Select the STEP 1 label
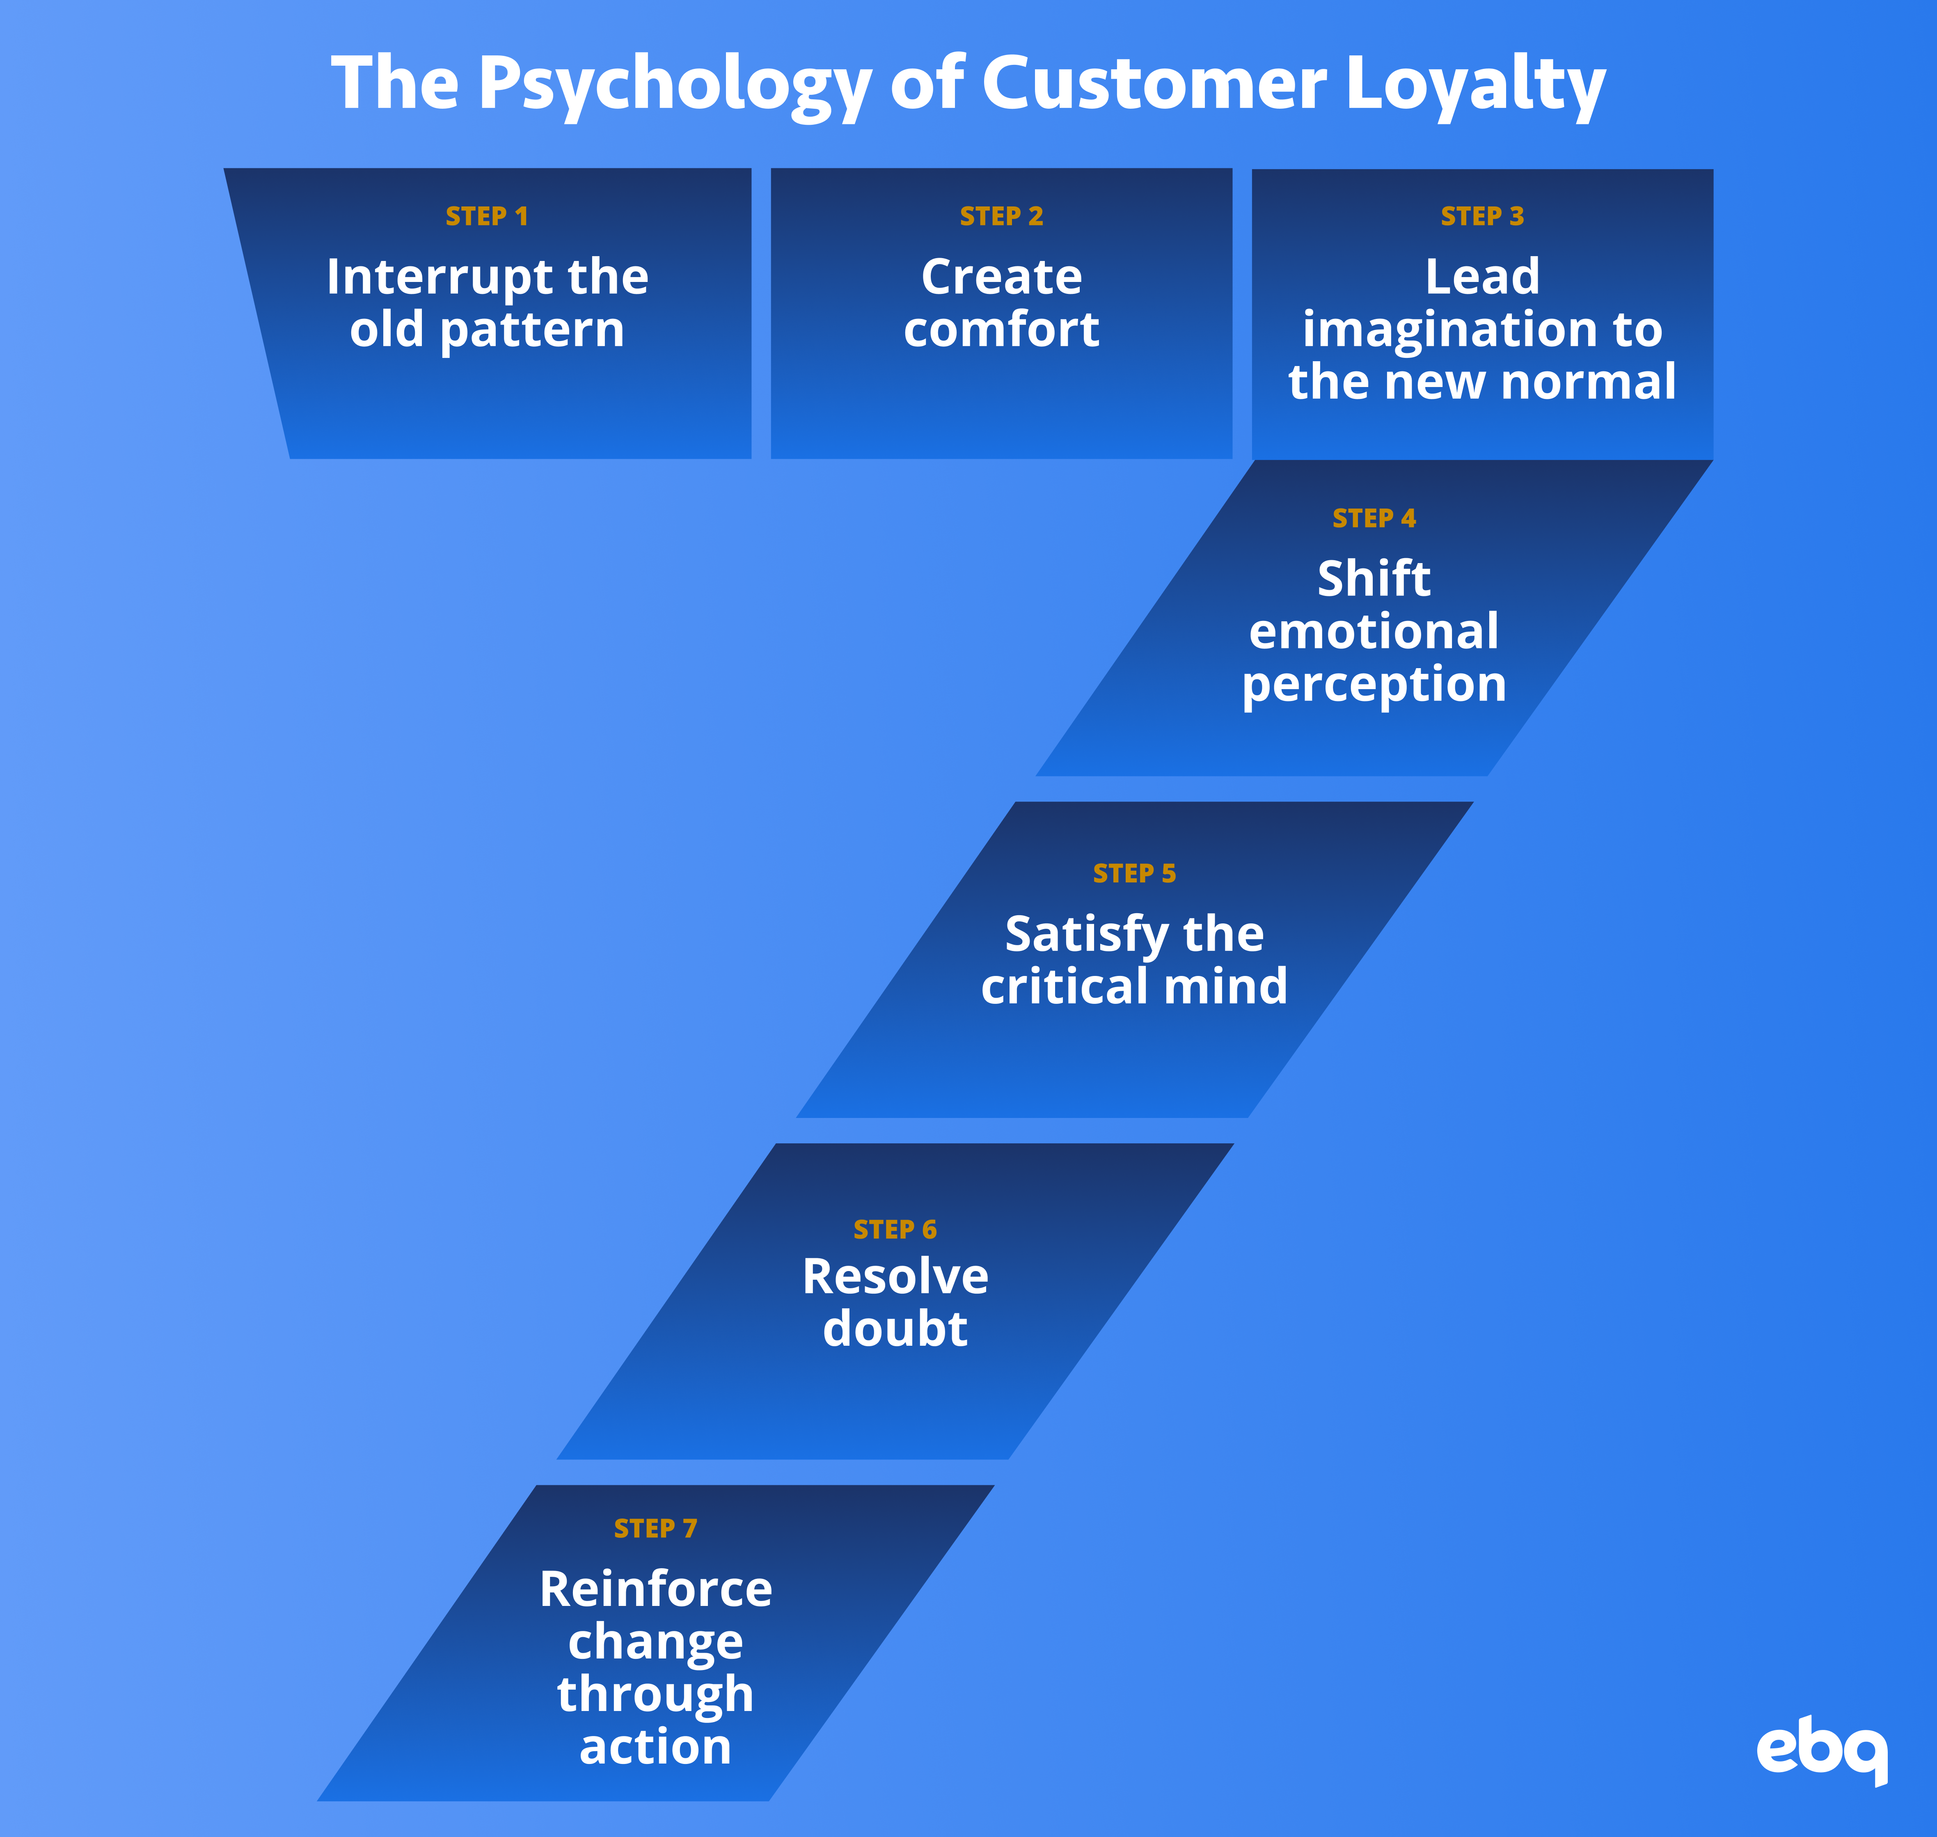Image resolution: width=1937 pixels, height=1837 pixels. point(487,216)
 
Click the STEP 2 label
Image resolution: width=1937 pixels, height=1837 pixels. point(1001,216)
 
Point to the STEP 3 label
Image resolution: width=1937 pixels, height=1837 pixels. point(1481,216)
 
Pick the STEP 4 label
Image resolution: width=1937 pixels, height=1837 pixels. point(1374,519)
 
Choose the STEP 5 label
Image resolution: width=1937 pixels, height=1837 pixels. point(1134,873)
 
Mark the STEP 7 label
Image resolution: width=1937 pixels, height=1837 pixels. point(655,1528)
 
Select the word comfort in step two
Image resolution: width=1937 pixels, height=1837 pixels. point(1001,330)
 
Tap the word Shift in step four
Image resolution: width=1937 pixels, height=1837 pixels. point(1374,579)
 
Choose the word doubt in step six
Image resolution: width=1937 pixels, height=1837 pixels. point(895,1330)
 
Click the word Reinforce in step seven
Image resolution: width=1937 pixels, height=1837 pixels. point(655,1589)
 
